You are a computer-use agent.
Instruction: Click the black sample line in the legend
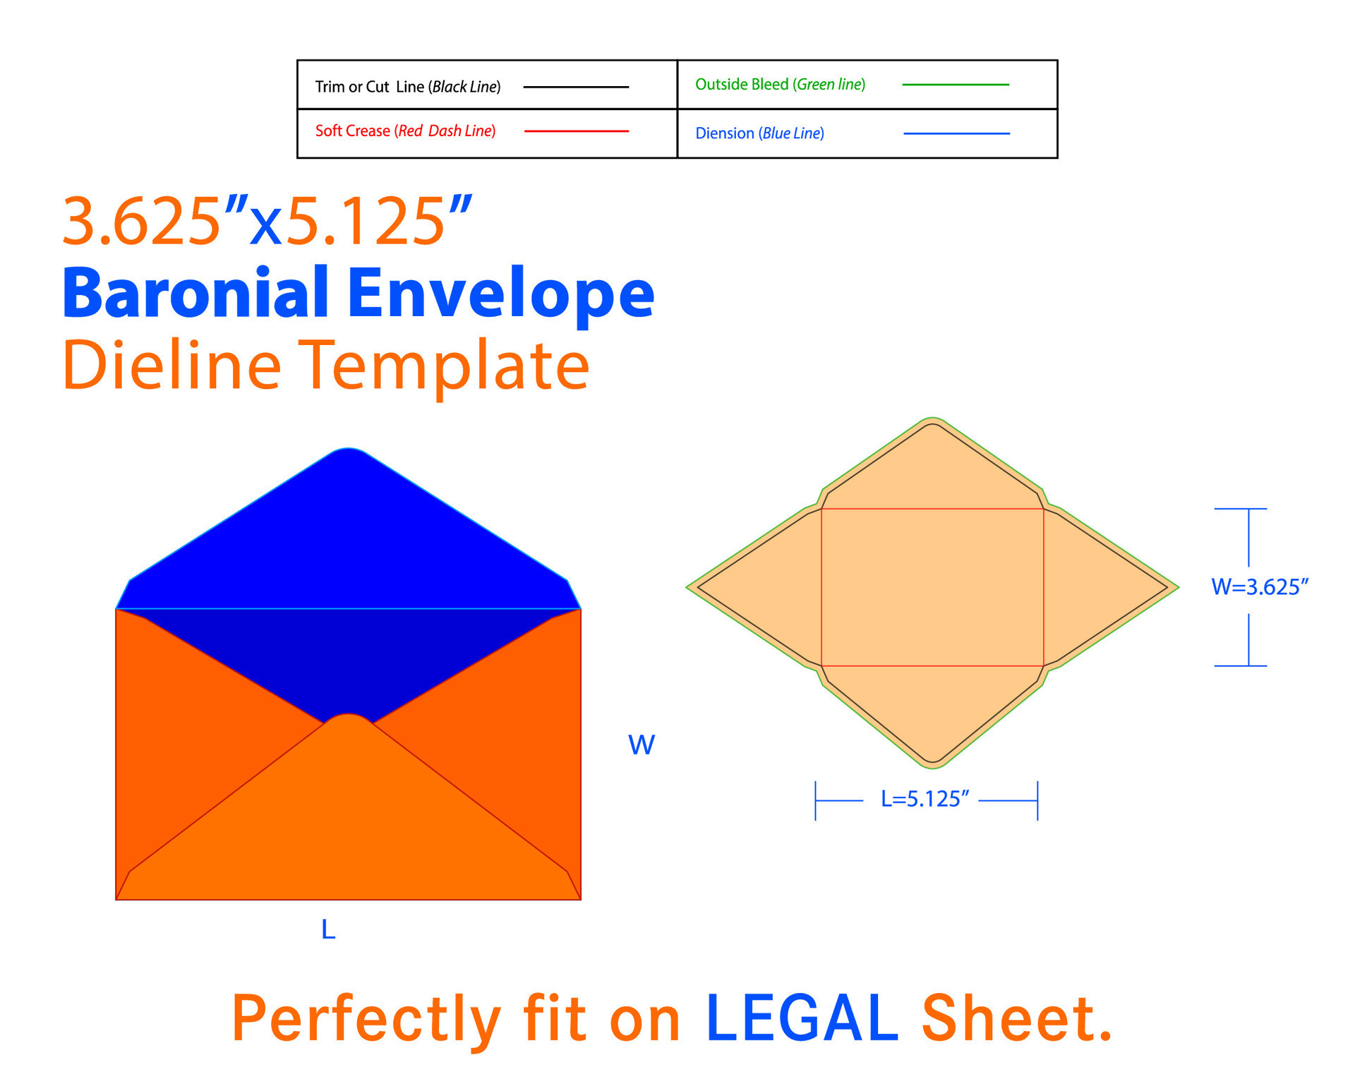576,87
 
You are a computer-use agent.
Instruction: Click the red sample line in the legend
577,131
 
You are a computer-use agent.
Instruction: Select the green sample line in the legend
956,85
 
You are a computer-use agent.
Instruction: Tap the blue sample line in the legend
956,133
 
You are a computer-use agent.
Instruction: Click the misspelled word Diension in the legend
725,133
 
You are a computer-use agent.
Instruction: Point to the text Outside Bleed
742,85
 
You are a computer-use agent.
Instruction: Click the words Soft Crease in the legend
352,131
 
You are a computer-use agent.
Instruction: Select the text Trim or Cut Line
370,87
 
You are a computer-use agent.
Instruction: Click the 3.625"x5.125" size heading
267,222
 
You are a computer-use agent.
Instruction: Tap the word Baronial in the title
196,293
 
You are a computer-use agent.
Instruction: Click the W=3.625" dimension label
1260,587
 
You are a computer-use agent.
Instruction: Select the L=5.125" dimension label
925,799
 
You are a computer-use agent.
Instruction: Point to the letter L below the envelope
328,929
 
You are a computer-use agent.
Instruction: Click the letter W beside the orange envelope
642,745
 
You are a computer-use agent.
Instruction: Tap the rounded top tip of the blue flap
348,449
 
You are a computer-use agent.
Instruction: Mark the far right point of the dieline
1178,586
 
